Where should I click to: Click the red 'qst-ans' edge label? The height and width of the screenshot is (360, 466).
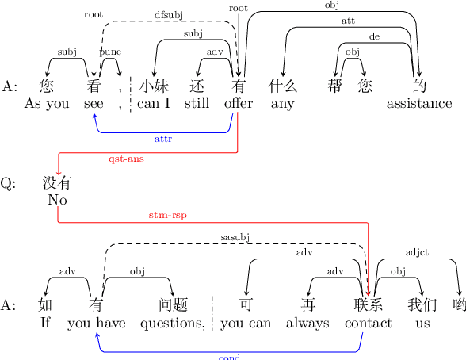pyautogui.click(x=125, y=159)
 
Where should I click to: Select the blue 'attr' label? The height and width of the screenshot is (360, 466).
pyautogui.click(x=163, y=139)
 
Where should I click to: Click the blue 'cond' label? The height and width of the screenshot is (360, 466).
pyautogui.click(x=229, y=357)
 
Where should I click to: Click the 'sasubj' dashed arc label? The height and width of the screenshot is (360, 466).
pyautogui.click(x=235, y=237)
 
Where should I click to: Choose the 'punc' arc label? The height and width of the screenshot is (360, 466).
pyautogui.click(x=109, y=52)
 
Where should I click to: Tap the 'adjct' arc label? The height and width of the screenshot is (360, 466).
pyautogui.click(x=417, y=253)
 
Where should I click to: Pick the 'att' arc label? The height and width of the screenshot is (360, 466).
pyautogui.click(x=348, y=21)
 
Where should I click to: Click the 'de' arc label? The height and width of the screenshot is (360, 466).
pyautogui.click(x=374, y=36)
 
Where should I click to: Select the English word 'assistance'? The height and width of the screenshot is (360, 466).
pyautogui.click(x=419, y=103)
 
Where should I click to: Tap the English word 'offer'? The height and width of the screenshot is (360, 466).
pyautogui.click(x=239, y=103)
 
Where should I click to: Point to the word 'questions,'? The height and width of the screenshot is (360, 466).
pyautogui.click(x=173, y=323)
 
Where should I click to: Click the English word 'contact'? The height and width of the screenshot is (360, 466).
pyautogui.click(x=369, y=323)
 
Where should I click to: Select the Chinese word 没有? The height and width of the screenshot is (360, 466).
pyautogui.click(x=57, y=184)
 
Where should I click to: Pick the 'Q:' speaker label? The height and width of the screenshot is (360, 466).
pyautogui.click(x=8, y=184)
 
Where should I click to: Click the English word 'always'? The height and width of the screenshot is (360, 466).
pyautogui.click(x=307, y=323)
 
